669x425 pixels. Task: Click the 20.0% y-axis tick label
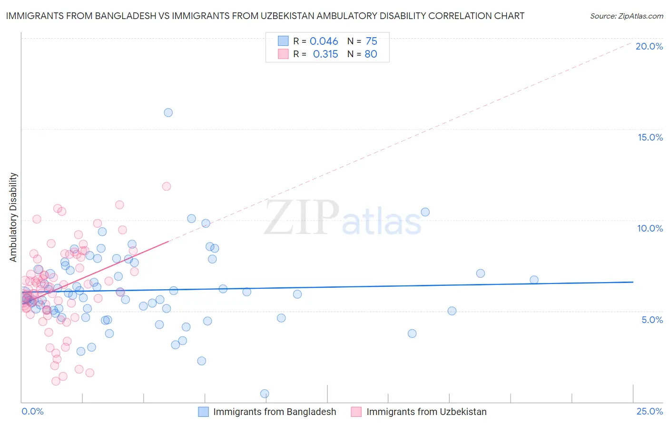(649, 46)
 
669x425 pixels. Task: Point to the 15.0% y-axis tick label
(650, 137)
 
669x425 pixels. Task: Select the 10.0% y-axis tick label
(650, 228)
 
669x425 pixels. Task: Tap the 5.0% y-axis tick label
(652, 320)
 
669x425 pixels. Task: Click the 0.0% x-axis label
(32, 411)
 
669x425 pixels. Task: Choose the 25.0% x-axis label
(649, 411)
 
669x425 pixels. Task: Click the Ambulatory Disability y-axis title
(13, 217)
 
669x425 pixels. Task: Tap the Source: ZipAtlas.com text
(626, 16)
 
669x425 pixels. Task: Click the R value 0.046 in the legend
(324, 41)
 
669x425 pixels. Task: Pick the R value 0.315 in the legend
(325, 54)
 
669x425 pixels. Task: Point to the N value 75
(371, 41)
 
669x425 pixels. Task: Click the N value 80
(371, 54)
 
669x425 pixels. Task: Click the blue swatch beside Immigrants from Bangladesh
(203, 412)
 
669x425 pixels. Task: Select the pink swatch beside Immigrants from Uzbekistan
(356, 412)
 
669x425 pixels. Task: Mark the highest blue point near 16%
(168, 112)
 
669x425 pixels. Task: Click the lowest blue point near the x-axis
(265, 394)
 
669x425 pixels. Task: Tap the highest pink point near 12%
(166, 186)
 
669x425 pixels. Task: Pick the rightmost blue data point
(534, 280)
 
